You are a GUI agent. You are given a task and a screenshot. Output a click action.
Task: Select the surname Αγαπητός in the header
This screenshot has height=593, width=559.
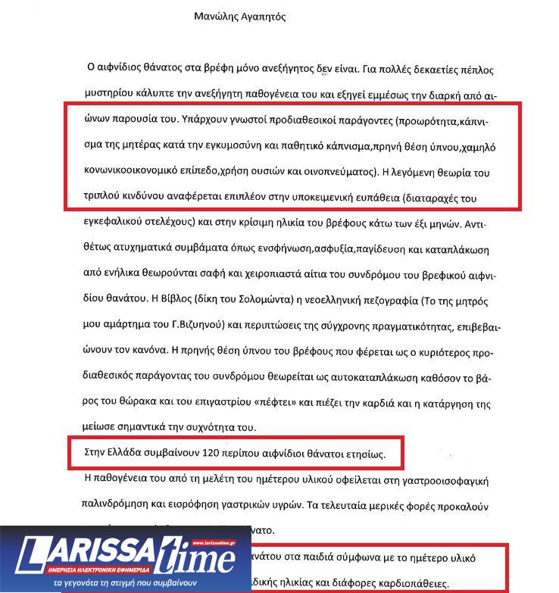[262, 16]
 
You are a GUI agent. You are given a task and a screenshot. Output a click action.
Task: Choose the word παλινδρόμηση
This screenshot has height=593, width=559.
[122, 505]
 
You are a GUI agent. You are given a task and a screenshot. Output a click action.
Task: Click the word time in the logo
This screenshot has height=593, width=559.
[205, 559]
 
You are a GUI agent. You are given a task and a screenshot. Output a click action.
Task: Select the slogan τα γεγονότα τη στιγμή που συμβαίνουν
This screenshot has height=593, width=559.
[126, 584]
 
